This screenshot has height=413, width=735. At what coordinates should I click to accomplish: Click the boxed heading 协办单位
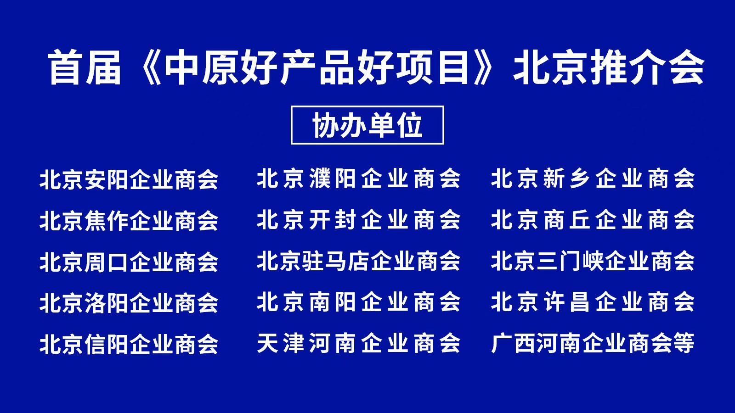tap(367, 125)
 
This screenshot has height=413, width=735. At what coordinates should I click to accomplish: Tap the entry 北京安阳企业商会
tap(129, 179)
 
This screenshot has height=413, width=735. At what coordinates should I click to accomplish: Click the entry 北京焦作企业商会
tap(129, 221)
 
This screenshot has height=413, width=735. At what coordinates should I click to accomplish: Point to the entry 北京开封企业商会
tap(358, 220)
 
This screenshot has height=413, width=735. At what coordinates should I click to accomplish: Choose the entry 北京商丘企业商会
tap(593, 220)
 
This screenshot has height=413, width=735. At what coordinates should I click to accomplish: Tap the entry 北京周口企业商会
tap(129, 262)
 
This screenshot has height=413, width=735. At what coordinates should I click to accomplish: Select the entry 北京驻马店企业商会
tap(358, 261)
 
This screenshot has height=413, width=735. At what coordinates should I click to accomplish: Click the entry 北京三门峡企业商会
tap(593, 261)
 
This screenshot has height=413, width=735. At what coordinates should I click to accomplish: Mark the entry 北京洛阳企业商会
tap(129, 303)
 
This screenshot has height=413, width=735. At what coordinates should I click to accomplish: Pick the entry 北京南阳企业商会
tap(358, 302)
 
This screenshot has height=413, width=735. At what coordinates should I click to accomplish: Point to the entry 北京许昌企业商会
tap(593, 302)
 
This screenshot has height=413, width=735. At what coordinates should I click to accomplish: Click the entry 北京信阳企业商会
tap(129, 344)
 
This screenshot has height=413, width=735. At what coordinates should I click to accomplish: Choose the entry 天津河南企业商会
tap(358, 343)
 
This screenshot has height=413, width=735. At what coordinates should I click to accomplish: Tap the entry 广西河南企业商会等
tap(593, 343)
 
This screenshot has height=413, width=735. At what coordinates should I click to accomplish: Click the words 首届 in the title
tap(85, 67)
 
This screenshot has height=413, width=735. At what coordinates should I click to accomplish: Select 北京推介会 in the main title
tap(609, 67)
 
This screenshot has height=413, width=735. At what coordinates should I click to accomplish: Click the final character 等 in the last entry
tap(684, 343)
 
